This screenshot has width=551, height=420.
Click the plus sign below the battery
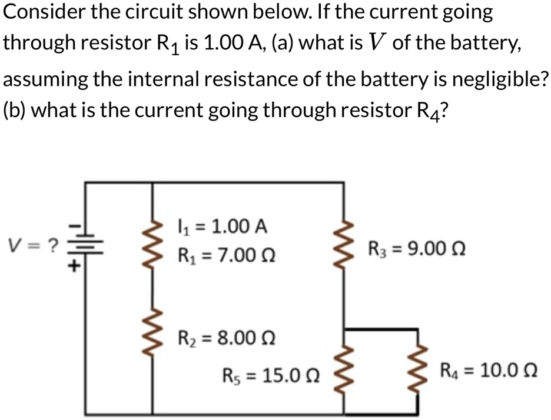coord(75,266)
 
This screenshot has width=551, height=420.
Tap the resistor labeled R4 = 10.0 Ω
coord(419,371)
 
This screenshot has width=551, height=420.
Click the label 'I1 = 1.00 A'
coord(222,226)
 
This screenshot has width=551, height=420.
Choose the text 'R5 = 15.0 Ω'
coord(271,375)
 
